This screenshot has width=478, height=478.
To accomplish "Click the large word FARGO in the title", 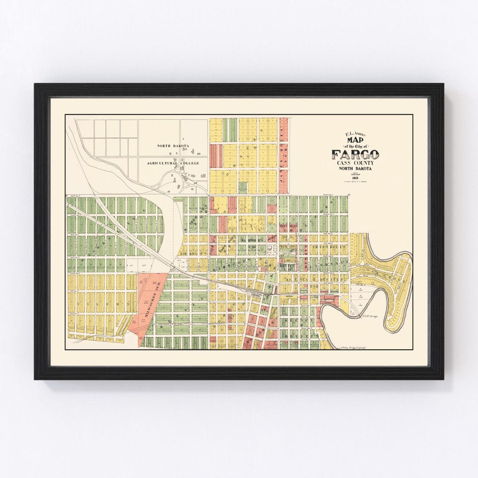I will (x=355, y=155).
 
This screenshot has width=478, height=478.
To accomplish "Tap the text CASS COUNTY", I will (x=355, y=163).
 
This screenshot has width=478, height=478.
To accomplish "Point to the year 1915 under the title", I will (x=355, y=178).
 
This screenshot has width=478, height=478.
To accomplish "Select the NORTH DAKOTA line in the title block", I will (x=355, y=169).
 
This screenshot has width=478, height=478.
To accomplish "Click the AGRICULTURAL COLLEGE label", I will (x=173, y=163).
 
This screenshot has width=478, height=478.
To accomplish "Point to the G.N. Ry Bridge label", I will (x=369, y=316).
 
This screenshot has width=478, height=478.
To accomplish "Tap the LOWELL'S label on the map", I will (x=290, y=262).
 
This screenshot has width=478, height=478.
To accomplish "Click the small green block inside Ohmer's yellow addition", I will (x=243, y=187).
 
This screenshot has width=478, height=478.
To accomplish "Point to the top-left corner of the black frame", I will (x=35, y=84).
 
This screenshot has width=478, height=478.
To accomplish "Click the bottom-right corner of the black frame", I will (x=443, y=379).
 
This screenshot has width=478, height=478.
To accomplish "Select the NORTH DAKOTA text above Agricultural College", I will (x=173, y=146).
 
